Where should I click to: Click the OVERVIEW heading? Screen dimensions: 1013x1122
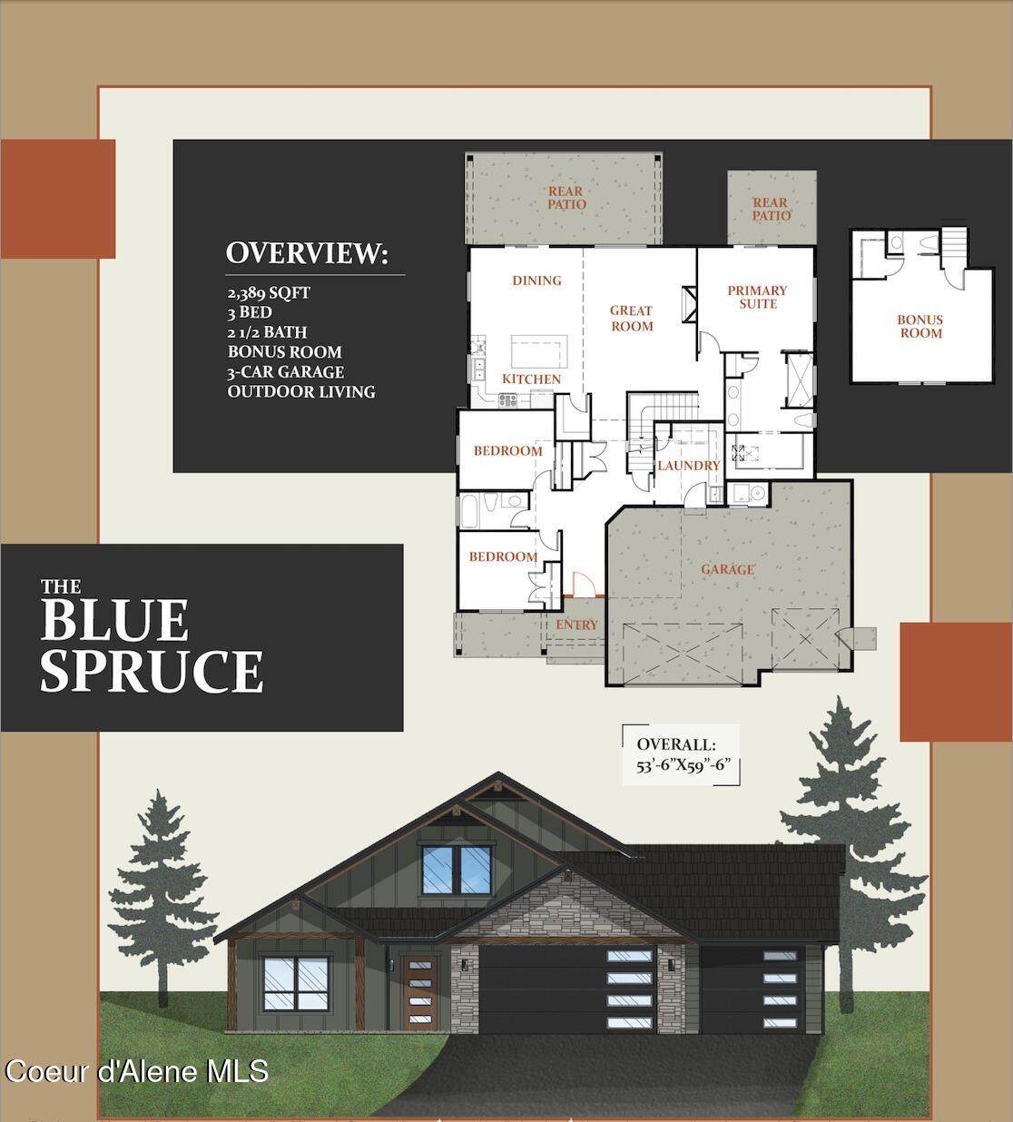pos(307,253)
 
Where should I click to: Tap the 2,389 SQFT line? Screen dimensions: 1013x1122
pos(269,292)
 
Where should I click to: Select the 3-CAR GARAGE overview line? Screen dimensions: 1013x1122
pos(285,372)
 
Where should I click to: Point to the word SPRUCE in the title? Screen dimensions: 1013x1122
pos(152,670)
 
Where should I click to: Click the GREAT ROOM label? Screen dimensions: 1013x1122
pos(632,319)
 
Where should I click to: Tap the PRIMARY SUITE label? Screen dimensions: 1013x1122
pos(757,297)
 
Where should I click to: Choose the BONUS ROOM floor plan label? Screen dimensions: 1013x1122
pos(920,326)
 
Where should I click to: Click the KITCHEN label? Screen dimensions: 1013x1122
pos(531,379)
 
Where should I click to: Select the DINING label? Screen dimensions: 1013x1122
pos(537,280)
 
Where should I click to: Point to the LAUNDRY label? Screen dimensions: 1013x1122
pos(689,466)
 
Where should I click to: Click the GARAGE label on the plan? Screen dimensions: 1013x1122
pos(728,569)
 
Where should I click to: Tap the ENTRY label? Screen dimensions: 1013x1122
pos(576,625)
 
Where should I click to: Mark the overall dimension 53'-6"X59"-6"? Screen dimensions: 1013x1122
pos(684,764)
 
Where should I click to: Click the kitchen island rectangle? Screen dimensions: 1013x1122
pos(539,351)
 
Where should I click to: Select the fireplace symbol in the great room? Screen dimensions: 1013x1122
pos(689,304)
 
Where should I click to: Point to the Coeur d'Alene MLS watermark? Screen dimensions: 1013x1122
pos(136,1070)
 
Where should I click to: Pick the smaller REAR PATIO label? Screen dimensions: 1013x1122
pos(771,209)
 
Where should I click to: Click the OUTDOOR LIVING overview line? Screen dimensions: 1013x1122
pos(301,391)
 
